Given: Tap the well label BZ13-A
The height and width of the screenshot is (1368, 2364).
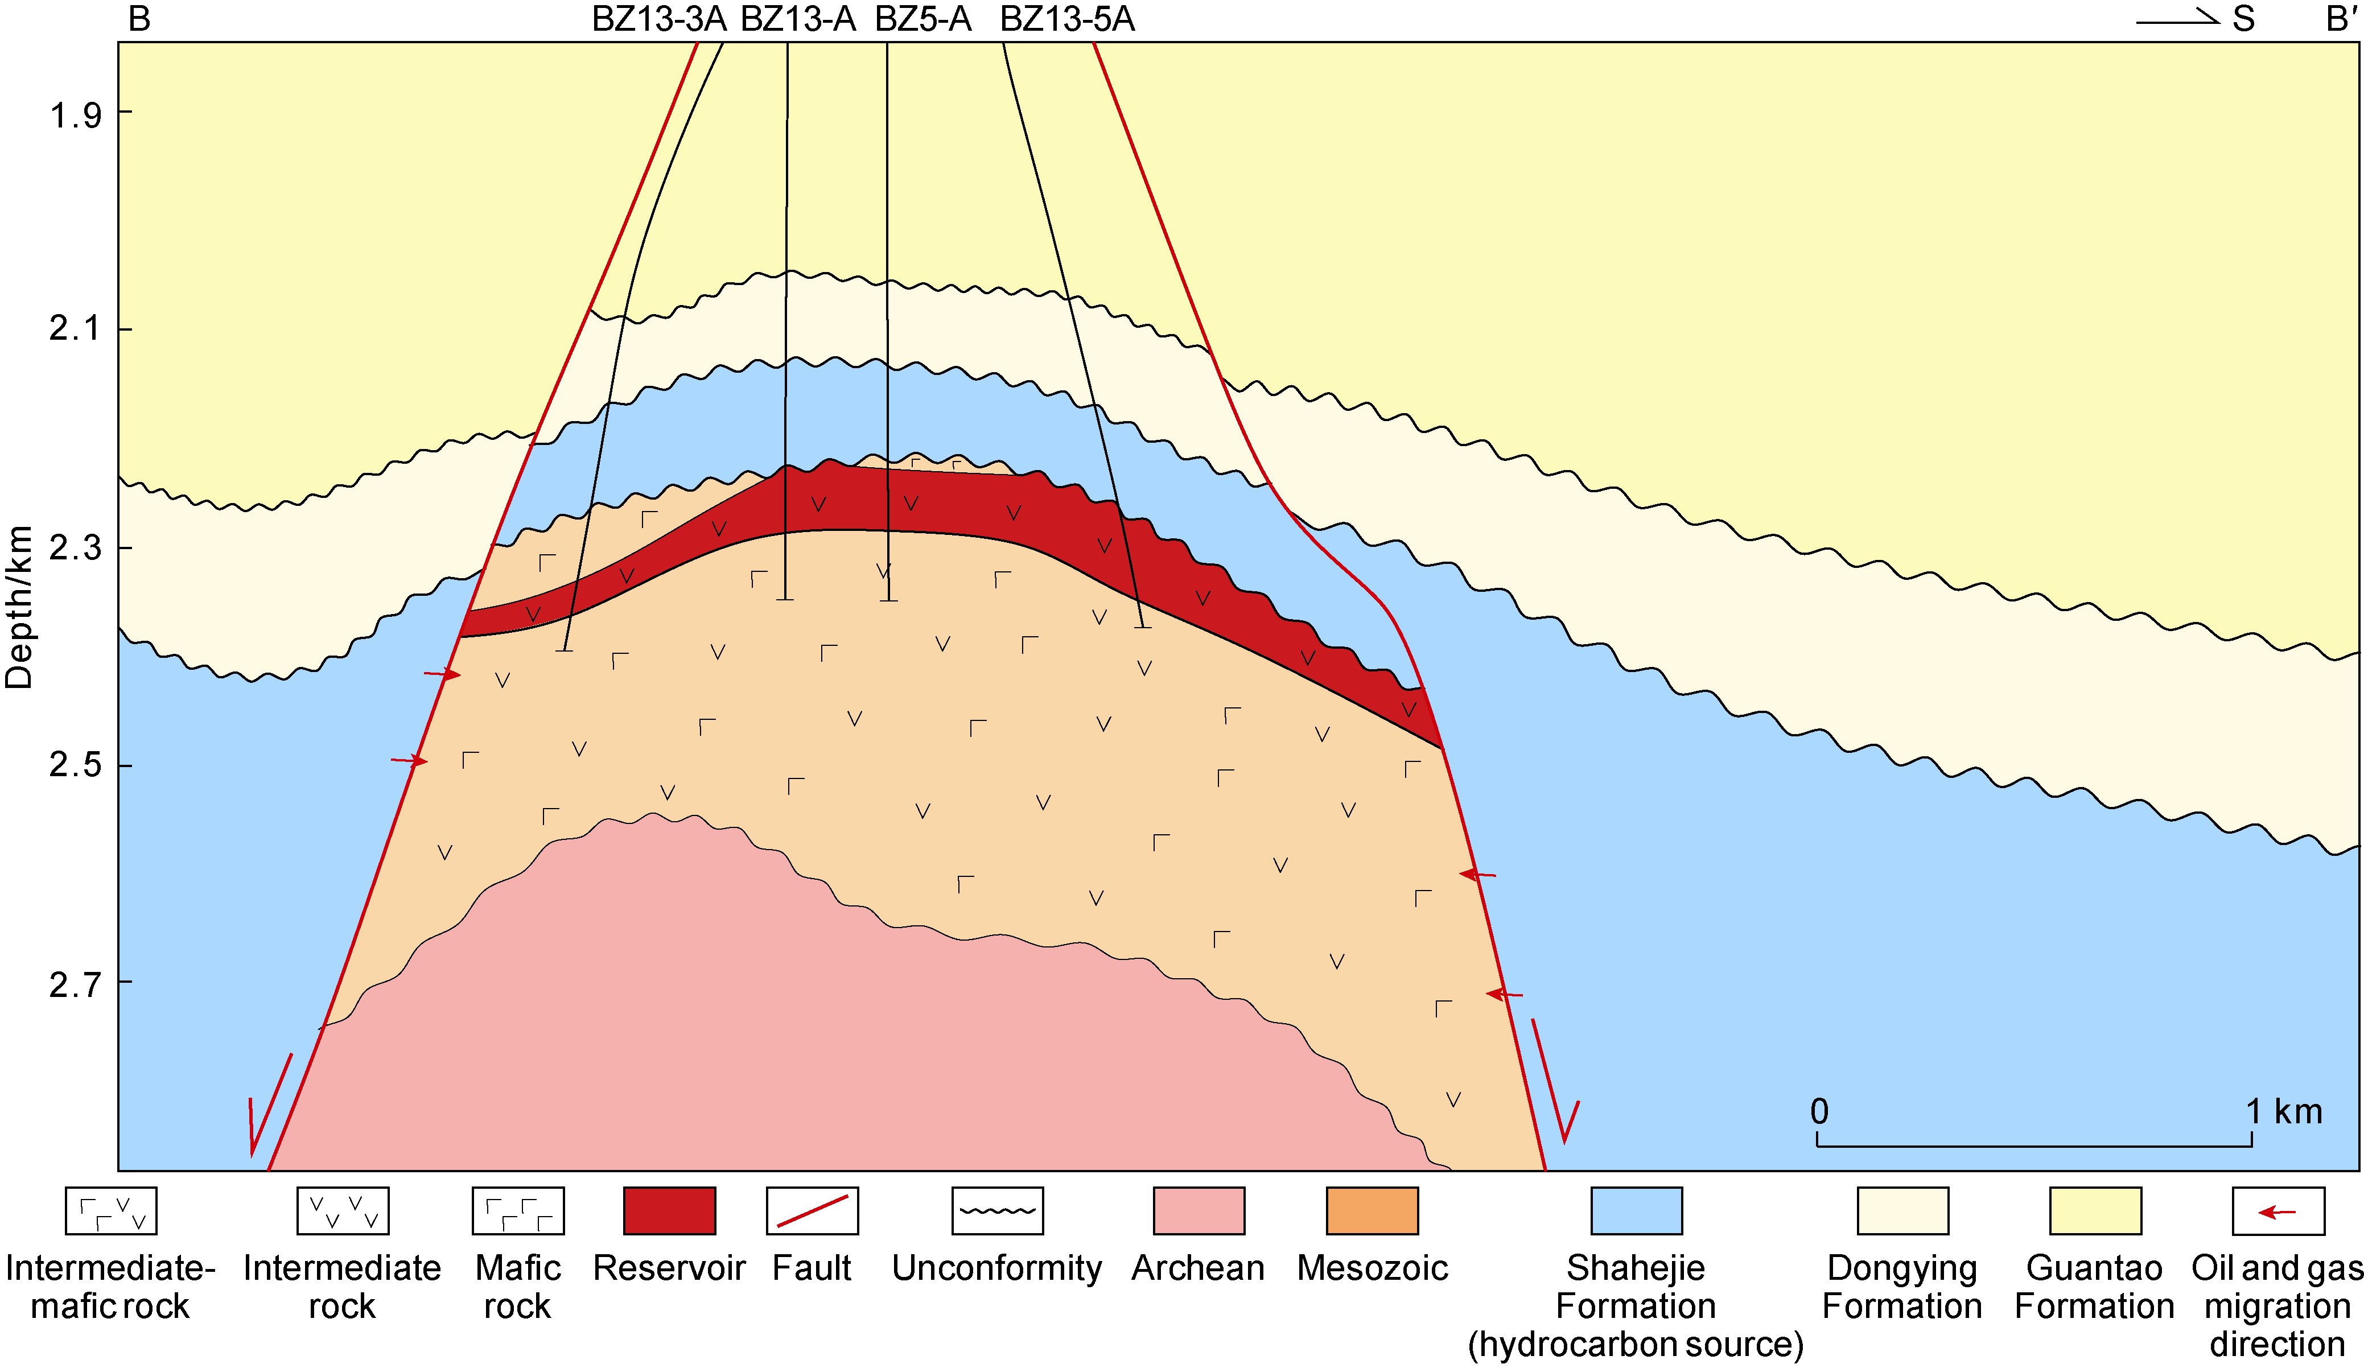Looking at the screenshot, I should point(798,19).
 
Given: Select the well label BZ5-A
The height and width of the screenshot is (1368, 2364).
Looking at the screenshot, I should point(923,19).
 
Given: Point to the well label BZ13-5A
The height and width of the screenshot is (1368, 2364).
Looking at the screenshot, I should point(1068,19).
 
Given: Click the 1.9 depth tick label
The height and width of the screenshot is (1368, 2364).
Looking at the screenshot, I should point(75,116).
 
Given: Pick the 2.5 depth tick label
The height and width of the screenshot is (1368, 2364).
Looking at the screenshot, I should point(75,765).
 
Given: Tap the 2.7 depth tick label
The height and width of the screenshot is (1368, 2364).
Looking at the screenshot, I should point(75,985).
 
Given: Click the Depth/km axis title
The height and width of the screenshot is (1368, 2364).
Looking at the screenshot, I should point(19,608).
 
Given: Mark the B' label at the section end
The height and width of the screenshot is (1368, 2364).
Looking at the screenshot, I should point(2342,19).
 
